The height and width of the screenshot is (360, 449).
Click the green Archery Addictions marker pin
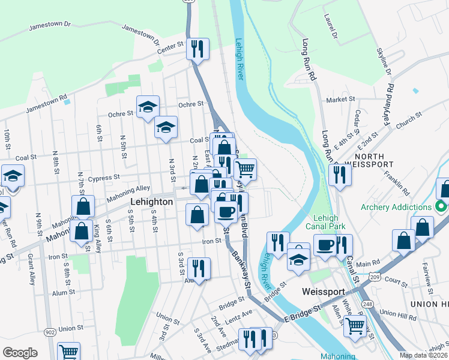point(441,207)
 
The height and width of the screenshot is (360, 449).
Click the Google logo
point(20,353)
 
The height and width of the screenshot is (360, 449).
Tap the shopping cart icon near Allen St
point(355,326)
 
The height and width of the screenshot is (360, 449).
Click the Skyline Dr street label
point(385,62)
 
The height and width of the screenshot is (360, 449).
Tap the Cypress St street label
point(105,178)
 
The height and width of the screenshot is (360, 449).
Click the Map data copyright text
point(421,355)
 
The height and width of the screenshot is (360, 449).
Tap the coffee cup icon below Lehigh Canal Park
point(324,245)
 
